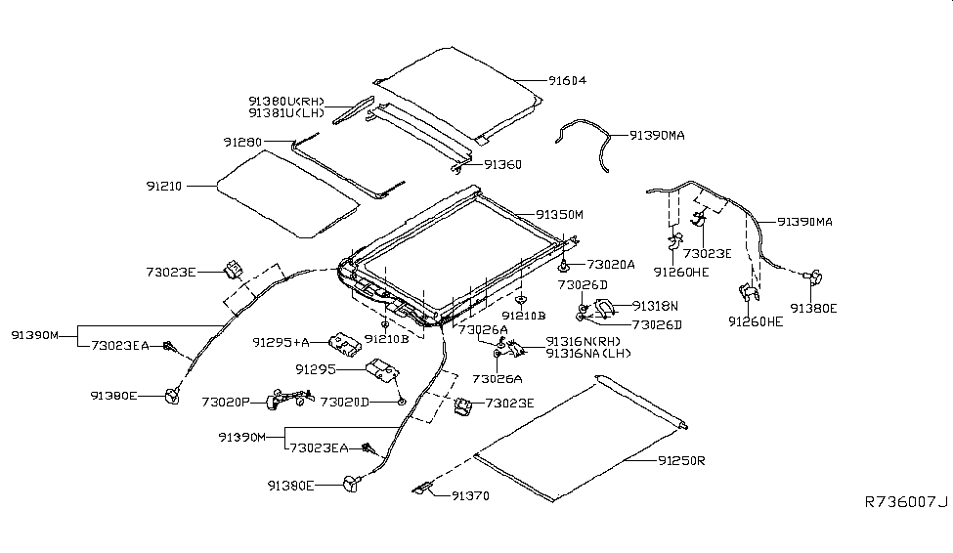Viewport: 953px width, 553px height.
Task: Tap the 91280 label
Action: tap(243, 143)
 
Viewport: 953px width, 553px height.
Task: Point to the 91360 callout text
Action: tap(503, 165)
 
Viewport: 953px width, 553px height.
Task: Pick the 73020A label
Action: tap(611, 264)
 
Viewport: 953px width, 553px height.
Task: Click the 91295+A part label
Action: tap(281, 343)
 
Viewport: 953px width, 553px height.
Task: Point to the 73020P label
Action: tap(227, 402)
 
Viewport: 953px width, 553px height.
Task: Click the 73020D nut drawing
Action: tap(402, 402)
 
